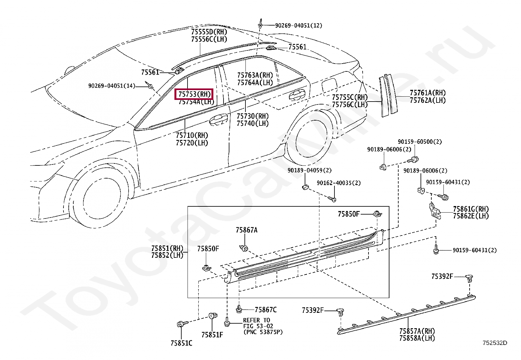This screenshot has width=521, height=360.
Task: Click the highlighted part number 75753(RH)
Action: tap(195, 94)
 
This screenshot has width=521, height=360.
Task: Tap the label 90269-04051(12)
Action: tap(298, 25)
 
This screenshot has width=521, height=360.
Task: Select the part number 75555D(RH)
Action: tap(209, 32)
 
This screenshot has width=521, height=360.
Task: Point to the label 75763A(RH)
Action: tap(255, 75)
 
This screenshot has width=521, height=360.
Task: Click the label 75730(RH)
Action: tap(253, 116)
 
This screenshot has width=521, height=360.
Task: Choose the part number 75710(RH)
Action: tap(192, 135)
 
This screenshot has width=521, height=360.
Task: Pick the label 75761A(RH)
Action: tap(427, 93)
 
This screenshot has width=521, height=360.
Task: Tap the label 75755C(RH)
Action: tap(350, 97)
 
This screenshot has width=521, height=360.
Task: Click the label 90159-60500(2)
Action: tap(420, 142)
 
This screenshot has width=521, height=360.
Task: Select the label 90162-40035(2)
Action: tap(338, 183)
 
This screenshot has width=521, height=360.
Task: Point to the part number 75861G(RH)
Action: tap(471, 209)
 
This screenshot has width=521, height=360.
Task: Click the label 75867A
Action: tap(246, 230)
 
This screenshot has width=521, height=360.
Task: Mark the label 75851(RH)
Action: tap(167, 248)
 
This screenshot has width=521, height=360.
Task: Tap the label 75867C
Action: tap(265, 310)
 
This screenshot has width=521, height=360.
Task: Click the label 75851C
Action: tap(181, 343)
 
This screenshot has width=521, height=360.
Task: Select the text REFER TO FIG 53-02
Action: tap(258, 323)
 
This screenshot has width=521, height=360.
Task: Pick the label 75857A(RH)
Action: tap(417, 331)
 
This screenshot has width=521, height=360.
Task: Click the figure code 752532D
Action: tap(495, 343)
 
